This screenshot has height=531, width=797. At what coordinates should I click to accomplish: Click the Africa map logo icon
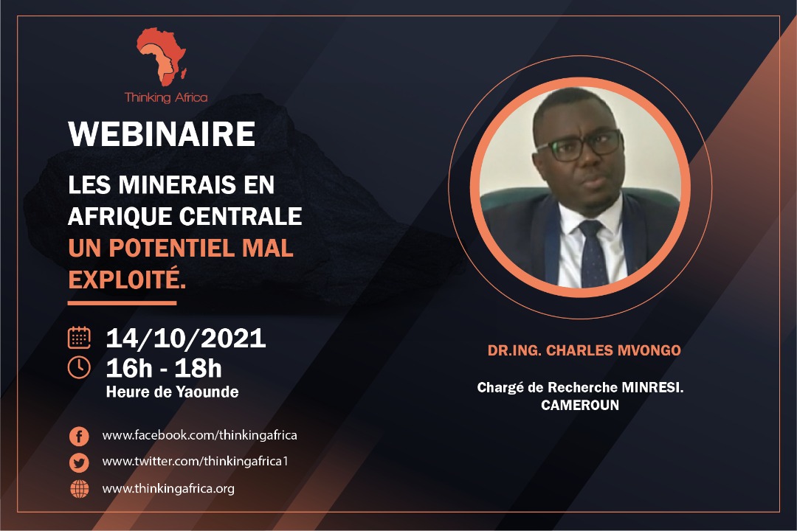click(162, 56)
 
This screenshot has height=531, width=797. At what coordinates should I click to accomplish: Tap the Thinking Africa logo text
click(166, 97)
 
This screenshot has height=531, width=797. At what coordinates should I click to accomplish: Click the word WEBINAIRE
click(162, 134)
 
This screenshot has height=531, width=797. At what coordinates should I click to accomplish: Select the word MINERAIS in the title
click(177, 184)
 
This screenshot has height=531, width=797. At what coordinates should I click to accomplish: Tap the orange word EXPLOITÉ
click(127, 280)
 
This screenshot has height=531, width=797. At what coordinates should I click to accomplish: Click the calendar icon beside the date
click(79, 337)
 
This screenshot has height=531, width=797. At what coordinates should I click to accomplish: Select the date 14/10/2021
click(186, 339)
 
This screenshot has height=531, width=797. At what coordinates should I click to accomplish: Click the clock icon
click(79, 367)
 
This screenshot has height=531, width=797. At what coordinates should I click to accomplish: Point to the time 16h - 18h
click(164, 369)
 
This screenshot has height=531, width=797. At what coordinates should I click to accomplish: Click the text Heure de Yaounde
click(172, 392)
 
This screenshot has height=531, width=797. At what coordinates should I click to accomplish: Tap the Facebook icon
click(79, 436)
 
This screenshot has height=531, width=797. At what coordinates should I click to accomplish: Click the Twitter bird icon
click(79, 462)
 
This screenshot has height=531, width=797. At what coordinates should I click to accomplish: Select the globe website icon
click(79, 489)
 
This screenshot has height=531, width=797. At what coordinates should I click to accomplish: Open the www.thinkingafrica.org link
click(168, 489)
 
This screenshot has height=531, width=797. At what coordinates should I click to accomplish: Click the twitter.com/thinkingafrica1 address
click(195, 462)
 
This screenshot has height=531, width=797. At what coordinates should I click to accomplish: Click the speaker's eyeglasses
click(579, 145)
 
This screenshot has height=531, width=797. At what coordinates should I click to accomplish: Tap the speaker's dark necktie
click(593, 254)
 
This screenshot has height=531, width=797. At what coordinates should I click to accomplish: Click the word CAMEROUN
click(580, 405)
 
